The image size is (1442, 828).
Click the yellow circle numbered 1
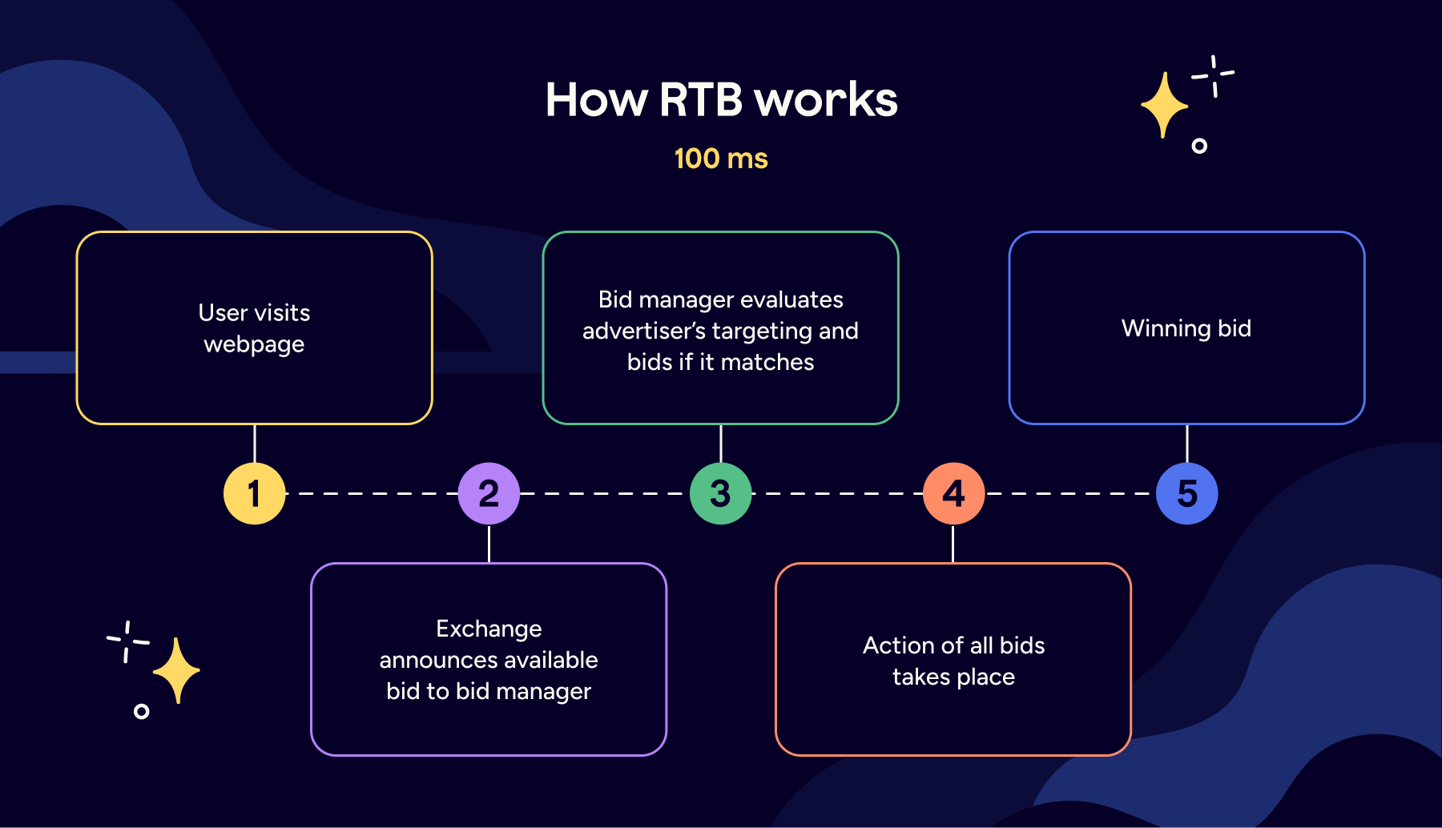click(255, 493)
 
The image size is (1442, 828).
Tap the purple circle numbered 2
click(489, 493)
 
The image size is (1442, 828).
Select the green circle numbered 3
click(721, 493)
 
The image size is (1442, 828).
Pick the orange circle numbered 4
click(953, 493)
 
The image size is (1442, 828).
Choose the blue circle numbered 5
click(1186, 493)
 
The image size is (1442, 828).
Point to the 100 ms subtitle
click(721, 159)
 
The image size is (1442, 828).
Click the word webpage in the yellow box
click(254, 345)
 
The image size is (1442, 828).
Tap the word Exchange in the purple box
click(489, 629)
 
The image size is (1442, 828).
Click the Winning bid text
click(1186, 328)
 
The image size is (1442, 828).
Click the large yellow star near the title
click(1164, 105)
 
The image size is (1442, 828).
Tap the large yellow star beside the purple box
click(176, 670)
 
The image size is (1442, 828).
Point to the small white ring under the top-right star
click(1199, 146)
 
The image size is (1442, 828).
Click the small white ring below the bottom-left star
click(142, 711)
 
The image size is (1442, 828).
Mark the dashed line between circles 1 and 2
click(372, 493)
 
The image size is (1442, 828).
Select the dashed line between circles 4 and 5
click(1070, 493)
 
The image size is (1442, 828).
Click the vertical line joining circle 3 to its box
click(721, 443)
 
